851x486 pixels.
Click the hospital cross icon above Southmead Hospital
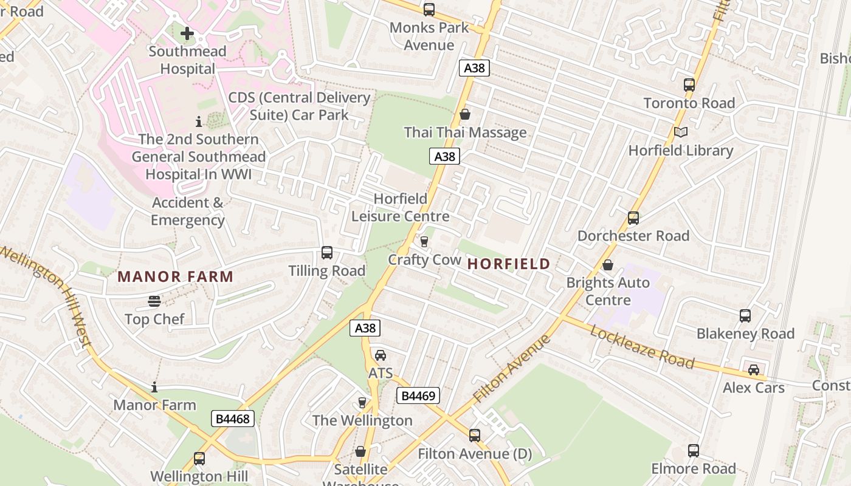coord(187,33)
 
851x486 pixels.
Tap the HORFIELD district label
coord(509,264)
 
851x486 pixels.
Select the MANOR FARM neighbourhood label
coord(175,277)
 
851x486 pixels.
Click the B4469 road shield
coord(418,396)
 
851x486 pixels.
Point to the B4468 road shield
coord(232,419)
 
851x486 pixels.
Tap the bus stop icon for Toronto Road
coord(689,85)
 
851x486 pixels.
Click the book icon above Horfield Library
coord(681,132)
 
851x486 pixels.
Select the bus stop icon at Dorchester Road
coord(633,217)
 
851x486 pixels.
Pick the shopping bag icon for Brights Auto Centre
coord(607,265)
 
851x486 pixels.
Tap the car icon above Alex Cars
coord(753,369)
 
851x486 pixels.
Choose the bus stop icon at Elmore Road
coord(693,451)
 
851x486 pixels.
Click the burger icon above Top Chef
coord(154,301)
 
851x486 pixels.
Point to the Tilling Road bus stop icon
coord(326,253)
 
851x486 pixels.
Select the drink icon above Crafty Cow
coord(424,242)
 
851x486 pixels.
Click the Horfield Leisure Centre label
coord(400,208)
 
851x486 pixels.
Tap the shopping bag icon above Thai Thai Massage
coord(465,114)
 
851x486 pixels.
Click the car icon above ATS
coord(380,355)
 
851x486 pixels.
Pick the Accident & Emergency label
coord(188,211)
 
